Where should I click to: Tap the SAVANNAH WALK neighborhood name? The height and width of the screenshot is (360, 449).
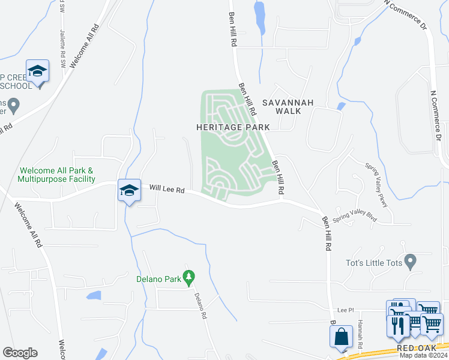287,107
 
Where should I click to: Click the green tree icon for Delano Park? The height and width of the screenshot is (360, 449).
190,277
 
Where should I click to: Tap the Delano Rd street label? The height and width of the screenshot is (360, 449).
201,305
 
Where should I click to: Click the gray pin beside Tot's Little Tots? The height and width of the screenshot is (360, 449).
411,262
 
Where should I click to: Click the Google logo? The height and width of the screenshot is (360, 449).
20,353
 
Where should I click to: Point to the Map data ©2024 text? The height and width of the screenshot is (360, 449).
423,355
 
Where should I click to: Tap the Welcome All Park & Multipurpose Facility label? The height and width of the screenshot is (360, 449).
56,175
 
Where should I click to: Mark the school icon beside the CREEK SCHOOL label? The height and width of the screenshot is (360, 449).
37,71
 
